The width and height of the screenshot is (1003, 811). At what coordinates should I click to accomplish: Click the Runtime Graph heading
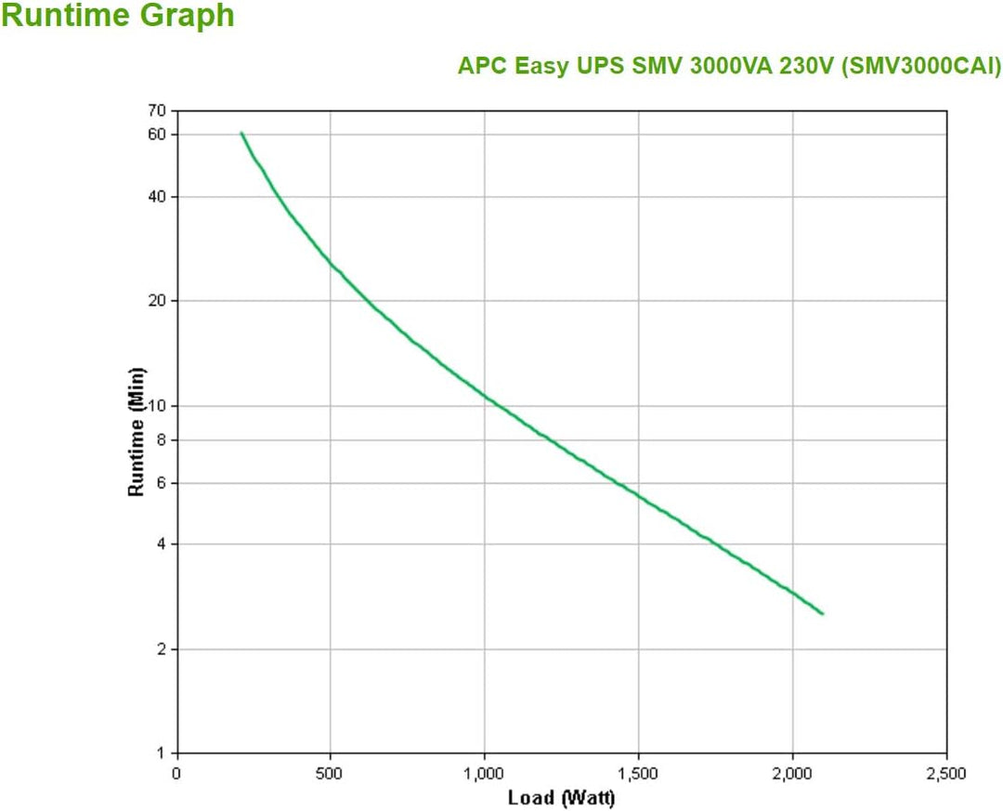pos(118,17)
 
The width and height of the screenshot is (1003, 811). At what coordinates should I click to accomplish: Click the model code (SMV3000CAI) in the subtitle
pos(919,67)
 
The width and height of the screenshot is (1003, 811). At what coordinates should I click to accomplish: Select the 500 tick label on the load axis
pos(330,773)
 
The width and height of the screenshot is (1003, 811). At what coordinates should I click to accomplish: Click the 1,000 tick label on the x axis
pos(483,773)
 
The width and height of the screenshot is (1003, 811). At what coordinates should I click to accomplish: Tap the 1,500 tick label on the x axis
pos(637,773)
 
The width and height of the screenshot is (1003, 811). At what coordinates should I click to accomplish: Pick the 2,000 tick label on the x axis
pos(791,773)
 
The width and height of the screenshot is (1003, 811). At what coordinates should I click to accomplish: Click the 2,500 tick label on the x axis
pos(945,773)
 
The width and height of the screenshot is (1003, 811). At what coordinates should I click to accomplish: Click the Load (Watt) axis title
pos(561,797)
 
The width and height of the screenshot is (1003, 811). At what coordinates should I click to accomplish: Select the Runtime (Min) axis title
pos(137,431)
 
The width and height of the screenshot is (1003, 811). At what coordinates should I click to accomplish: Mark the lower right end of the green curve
pos(822,613)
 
